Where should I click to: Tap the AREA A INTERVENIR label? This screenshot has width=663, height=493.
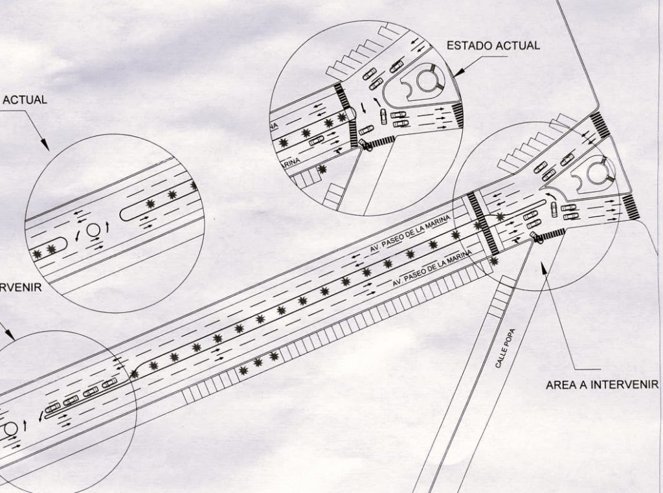(x=601, y=385)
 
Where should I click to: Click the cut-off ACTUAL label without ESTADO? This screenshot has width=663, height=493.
(x=24, y=100)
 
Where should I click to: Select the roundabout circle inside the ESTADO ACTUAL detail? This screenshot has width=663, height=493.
(x=425, y=81)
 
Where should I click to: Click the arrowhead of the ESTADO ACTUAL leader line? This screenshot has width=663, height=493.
(x=456, y=75)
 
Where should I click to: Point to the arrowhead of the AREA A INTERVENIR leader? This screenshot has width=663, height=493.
(x=544, y=266)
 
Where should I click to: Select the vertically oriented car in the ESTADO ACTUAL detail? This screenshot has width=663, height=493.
(x=383, y=117)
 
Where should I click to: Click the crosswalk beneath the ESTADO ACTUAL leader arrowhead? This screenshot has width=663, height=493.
(x=458, y=115)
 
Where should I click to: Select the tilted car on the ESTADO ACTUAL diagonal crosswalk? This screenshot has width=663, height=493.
(x=366, y=145)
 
